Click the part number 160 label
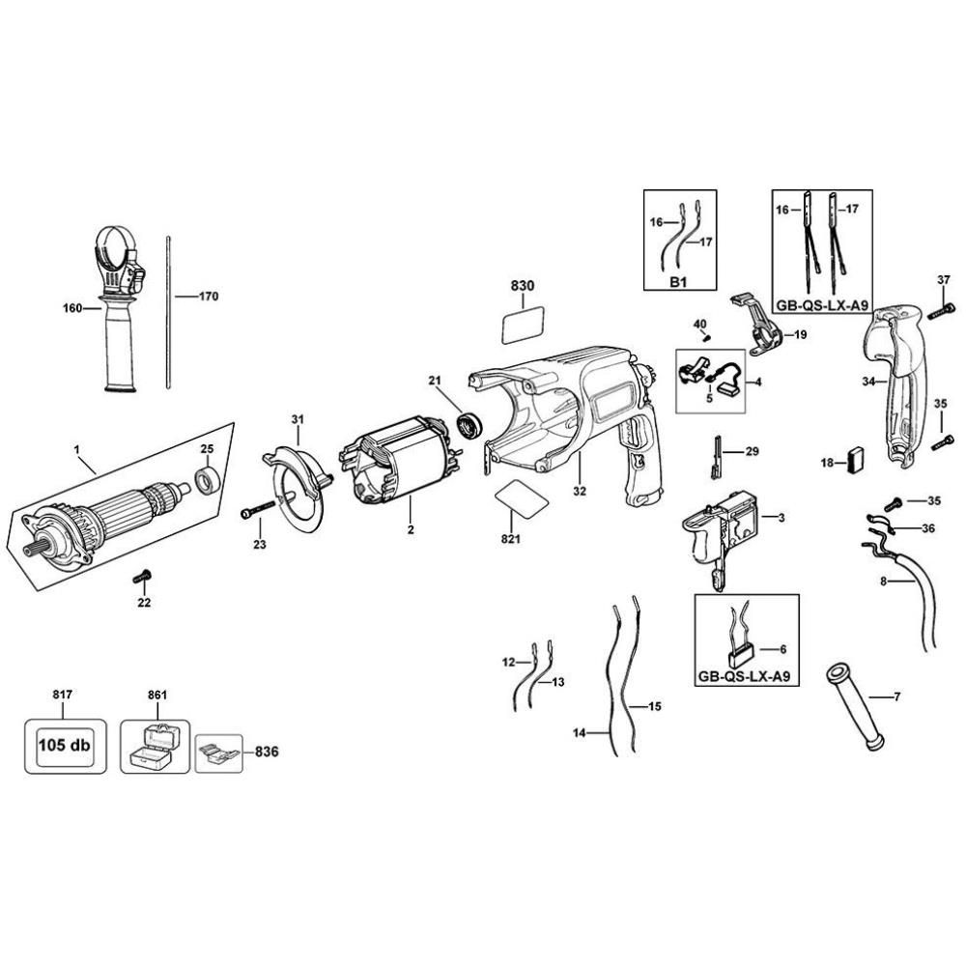coord(72,308)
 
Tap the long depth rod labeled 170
coord(167,311)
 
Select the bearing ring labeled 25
coord(207,481)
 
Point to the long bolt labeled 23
coord(258,509)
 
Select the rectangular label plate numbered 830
coord(523,325)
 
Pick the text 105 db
coord(64,746)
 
